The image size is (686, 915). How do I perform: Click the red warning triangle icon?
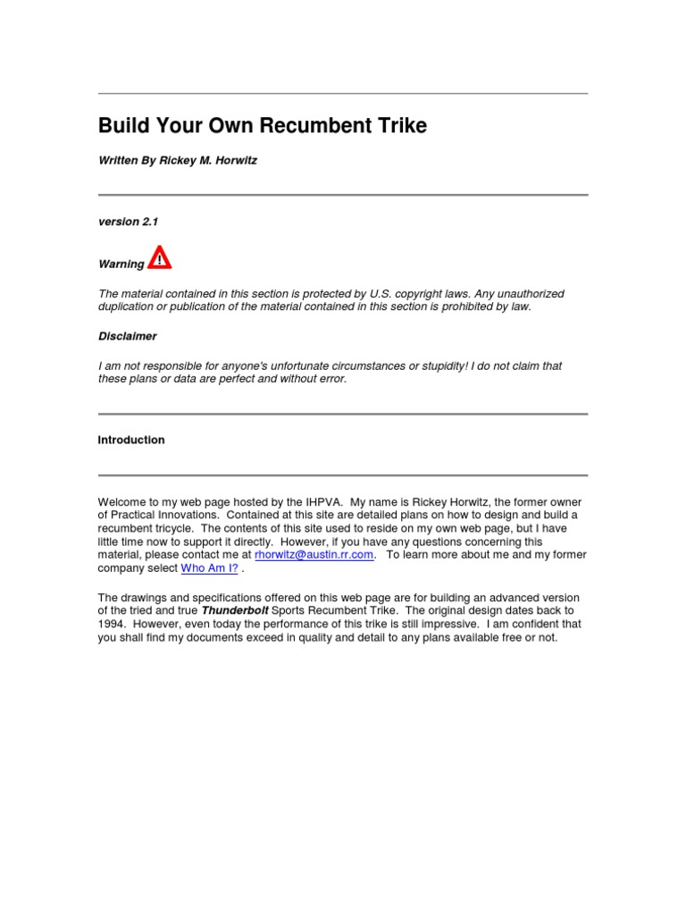pyautogui.click(x=160, y=257)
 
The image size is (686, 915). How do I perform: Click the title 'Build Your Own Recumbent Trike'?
pyautogui.click(x=263, y=126)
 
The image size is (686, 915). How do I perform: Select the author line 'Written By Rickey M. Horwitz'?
pyautogui.click(x=177, y=161)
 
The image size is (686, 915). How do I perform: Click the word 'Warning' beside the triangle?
pyautogui.click(x=121, y=264)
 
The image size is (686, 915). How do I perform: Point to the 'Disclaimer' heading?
pyautogui.click(x=127, y=337)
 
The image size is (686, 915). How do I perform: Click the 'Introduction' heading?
pyautogui.click(x=131, y=441)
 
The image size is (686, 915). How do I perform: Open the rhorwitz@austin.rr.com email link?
pyautogui.click(x=314, y=555)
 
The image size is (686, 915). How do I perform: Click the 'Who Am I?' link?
pyautogui.click(x=209, y=568)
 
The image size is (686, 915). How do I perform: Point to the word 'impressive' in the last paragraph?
pyautogui.click(x=442, y=625)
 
